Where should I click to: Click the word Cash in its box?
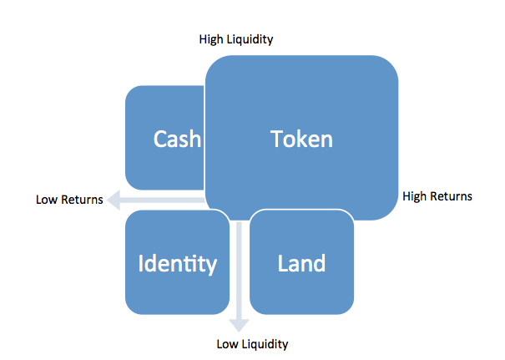click(177, 139)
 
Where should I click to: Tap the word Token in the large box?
click(301, 139)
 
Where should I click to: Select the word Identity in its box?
click(178, 264)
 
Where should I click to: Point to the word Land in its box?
click(301, 263)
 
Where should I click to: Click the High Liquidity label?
click(236, 39)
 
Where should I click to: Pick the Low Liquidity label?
click(252, 344)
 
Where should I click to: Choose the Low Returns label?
click(69, 200)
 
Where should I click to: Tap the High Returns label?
click(437, 196)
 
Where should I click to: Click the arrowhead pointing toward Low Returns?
click(114, 200)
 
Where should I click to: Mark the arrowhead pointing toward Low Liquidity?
click(239, 325)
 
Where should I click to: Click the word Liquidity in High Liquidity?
click(250, 39)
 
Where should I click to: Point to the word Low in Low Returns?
click(47, 200)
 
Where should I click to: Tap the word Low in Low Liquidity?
click(228, 344)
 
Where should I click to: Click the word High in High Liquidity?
click(211, 39)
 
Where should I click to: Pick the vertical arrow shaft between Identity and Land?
click(239, 271)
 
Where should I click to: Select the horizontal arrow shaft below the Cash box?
click(162, 200)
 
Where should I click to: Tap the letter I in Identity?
click(140, 263)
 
